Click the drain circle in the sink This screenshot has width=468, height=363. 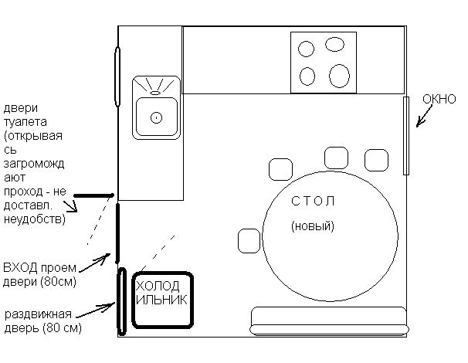click(x=157, y=117)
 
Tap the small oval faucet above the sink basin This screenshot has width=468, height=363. click(x=154, y=93)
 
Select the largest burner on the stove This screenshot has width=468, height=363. click(x=339, y=76)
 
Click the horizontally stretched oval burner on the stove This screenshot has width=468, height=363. click(x=334, y=44)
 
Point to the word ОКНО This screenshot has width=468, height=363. click(x=439, y=99)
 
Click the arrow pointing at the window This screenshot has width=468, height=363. click(x=424, y=117)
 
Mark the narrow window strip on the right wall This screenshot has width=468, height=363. click(x=406, y=135)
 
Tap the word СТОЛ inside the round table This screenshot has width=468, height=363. click(x=313, y=201)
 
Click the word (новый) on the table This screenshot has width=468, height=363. click(x=313, y=226)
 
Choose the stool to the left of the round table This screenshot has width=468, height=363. click(x=249, y=241)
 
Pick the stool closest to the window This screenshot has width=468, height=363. click(x=376, y=161)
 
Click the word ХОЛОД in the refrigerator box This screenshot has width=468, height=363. click(x=158, y=286)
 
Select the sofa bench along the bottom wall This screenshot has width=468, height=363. click(x=329, y=321)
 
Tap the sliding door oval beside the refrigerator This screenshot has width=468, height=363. click(x=121, y=301)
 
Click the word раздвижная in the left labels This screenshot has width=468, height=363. click(x=38, y=314)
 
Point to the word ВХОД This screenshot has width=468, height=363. click(x=20, y=267)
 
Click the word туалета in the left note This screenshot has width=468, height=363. click(x=25, y=122)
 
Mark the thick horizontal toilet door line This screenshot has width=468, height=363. click(x=93, y=195)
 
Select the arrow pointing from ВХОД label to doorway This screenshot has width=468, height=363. click(x=95, y=263)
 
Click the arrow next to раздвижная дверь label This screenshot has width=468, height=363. click(x=96, y=309)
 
